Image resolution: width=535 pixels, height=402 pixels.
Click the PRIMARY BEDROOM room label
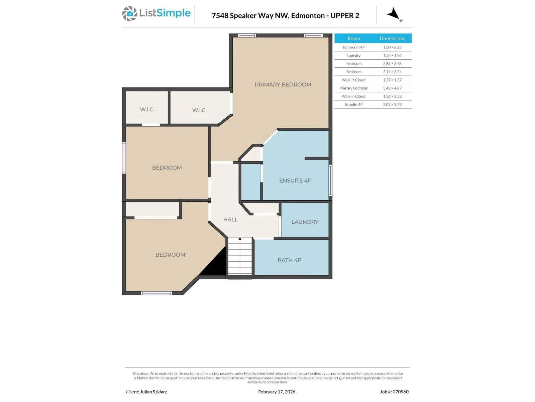(283, 84)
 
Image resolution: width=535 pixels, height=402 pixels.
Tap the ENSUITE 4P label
(295, 180)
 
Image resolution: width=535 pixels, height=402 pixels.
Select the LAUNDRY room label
(305, 222)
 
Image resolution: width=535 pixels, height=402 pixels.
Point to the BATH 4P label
(289, 260)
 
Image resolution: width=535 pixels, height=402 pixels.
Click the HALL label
(230, 219)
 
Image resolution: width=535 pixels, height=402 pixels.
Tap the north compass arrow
(393, 14)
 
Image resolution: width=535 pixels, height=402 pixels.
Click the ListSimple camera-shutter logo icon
(129, 14)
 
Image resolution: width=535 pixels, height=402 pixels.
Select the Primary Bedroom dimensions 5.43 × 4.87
(392, 88)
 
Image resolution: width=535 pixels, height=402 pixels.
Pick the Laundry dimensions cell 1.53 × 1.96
(392, 55)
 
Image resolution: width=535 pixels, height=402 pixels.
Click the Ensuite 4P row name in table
(354, 105)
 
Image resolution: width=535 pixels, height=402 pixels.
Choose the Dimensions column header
(392, 38)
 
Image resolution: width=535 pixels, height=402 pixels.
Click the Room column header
(354, 38)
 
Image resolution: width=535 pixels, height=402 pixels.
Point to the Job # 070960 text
(394, 392)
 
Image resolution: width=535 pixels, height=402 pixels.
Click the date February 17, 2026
(277, 392)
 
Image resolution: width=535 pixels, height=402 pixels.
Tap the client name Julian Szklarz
(153, 392)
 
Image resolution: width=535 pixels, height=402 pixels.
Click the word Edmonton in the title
(308, 15)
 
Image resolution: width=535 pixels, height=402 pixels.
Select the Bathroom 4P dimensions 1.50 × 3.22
(392, 47)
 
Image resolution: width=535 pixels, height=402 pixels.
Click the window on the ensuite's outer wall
(330, 180)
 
